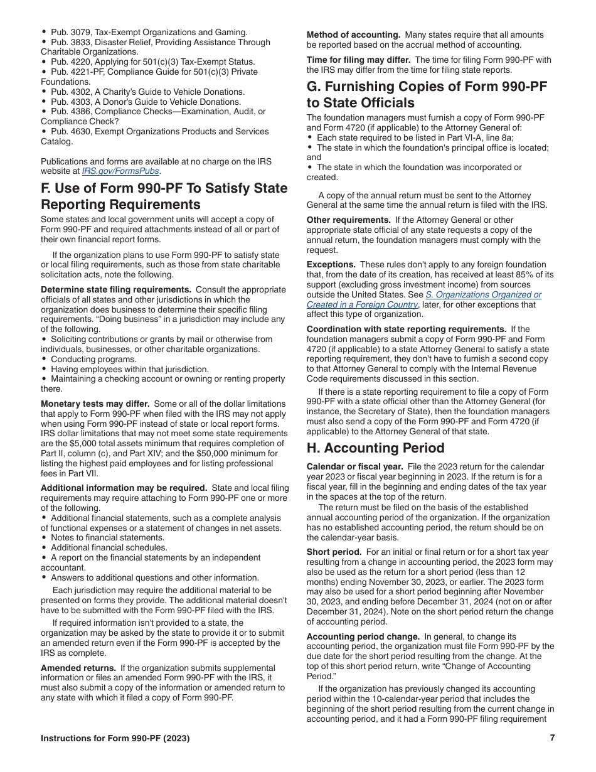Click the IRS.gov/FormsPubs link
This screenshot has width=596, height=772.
pos(121,171)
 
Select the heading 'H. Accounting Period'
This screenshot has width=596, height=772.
pos(375,448)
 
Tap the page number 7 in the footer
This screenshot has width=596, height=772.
pos(552,738)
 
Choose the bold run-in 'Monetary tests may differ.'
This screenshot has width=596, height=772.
pos(95,404)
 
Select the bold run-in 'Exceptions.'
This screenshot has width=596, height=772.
pos(331,265)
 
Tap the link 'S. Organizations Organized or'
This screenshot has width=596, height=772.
pos(483,295)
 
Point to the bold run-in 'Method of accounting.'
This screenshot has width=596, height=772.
pos(353,35)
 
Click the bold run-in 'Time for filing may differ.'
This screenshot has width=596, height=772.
pos(358,60)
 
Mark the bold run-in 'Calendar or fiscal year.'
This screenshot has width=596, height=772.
pos(354,467)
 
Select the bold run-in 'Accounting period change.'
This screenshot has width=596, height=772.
pos(363,636)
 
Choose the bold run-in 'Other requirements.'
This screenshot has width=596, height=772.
pos(348,220)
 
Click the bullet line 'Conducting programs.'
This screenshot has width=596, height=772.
pos(93,360)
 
